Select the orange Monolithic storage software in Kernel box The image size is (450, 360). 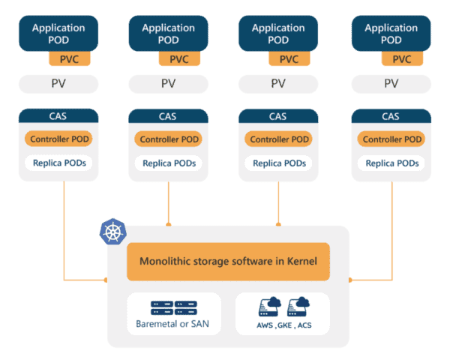point(228,262)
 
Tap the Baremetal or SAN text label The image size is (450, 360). point(174,325)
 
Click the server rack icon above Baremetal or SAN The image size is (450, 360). point(174,307)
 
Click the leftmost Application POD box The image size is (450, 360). point(58,33)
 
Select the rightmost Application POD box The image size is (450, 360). point(391,33)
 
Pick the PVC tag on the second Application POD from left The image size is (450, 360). point(179,59)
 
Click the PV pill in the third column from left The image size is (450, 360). point(278,83)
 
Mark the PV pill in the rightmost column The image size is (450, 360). point(391,83)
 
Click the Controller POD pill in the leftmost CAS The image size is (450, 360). point(58,139)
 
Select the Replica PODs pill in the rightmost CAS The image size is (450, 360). point(391,163)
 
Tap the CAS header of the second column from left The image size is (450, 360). point(168,116)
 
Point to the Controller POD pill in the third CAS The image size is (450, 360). point(278,139)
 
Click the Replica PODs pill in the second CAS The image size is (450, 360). point(168,163)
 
